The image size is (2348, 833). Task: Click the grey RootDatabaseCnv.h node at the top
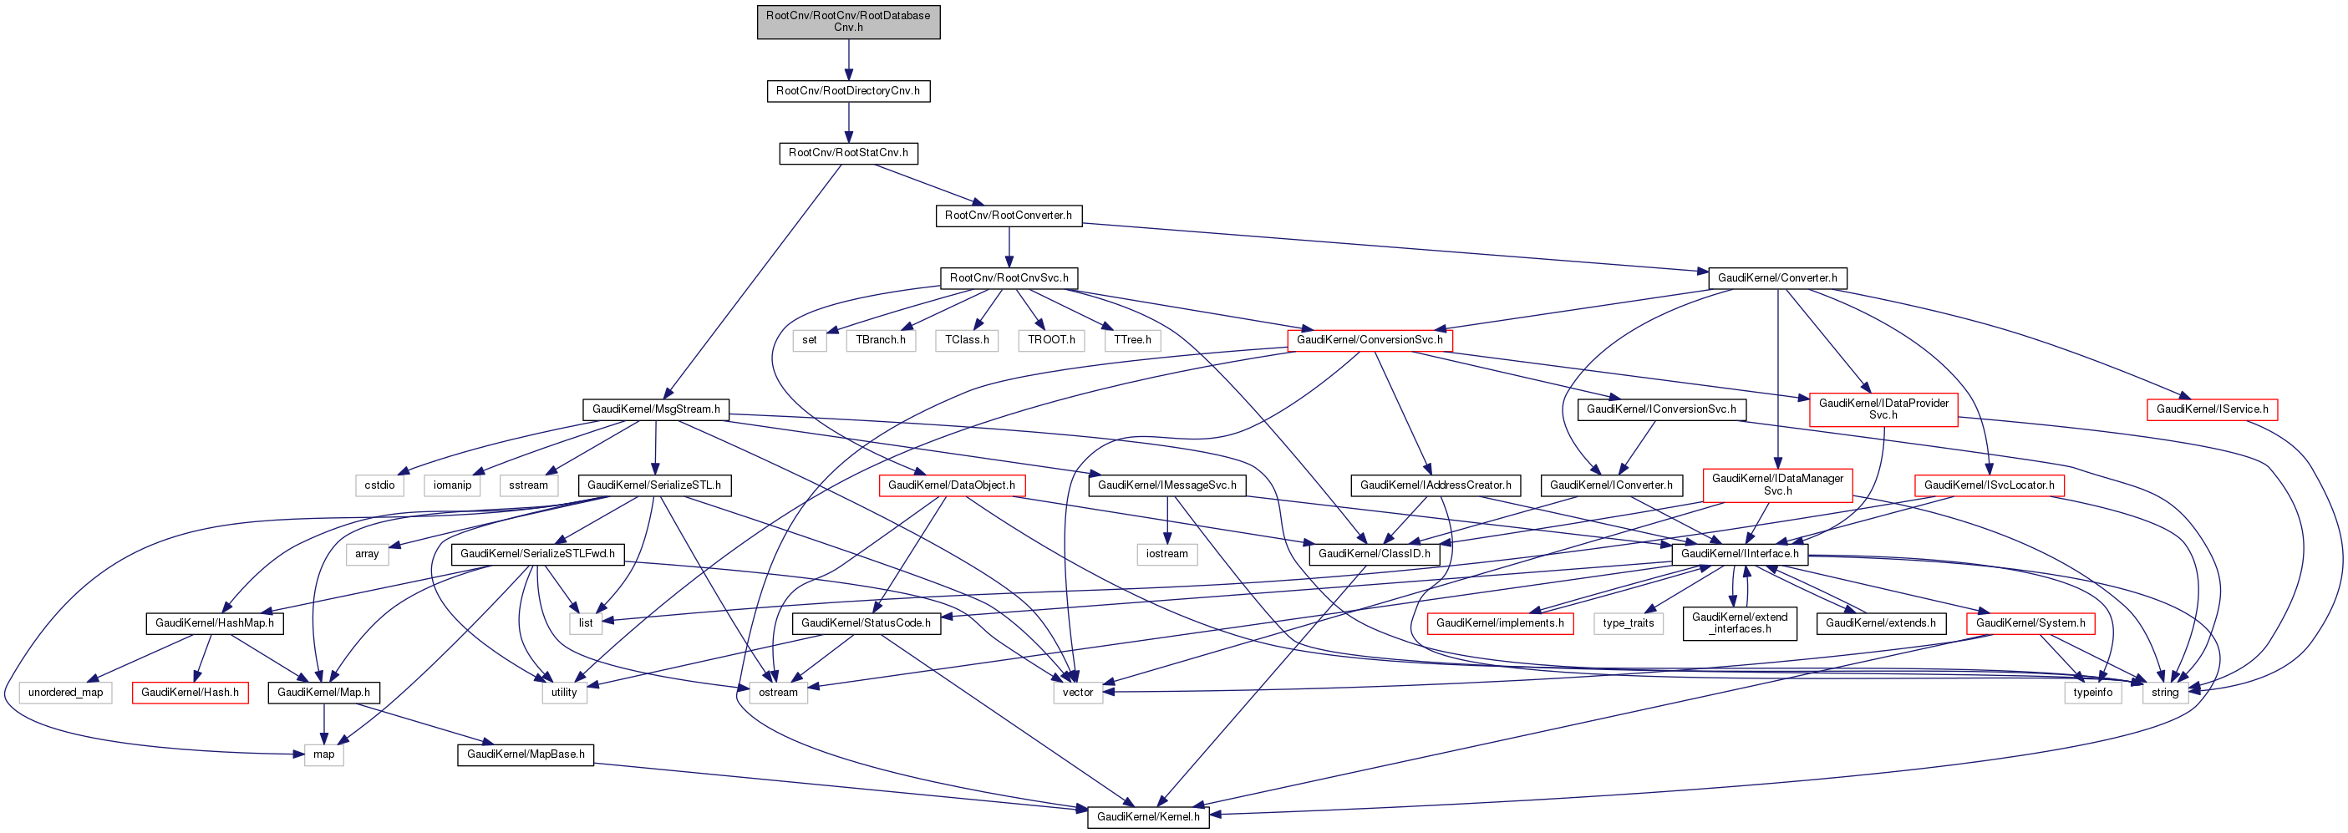(847, 21)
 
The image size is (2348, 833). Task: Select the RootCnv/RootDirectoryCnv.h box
(847, 91)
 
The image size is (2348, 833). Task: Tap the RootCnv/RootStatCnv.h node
(847, 153)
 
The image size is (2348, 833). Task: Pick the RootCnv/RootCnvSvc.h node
(1008, 278)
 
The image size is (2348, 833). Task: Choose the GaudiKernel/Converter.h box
(1776, 278)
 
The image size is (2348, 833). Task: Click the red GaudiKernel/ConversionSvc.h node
(1369, 340)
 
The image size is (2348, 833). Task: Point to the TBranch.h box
(881, 340)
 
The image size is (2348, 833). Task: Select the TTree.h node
(1132, 340)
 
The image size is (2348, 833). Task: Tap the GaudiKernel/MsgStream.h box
(655, 409)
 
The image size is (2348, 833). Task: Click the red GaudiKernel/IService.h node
(2211, 409)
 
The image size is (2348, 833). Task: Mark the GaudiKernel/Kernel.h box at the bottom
(1147, 816)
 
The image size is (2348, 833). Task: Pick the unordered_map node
(66, 693)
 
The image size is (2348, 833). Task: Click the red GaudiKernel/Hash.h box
(190, 693)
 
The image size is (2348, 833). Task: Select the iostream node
(1166, 554)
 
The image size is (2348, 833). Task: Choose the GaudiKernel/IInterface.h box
(1739, 554)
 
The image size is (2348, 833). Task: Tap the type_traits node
(1628, 623)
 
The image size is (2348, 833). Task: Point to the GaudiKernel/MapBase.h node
(525, 754)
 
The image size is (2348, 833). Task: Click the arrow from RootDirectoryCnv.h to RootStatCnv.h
(847, 122)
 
